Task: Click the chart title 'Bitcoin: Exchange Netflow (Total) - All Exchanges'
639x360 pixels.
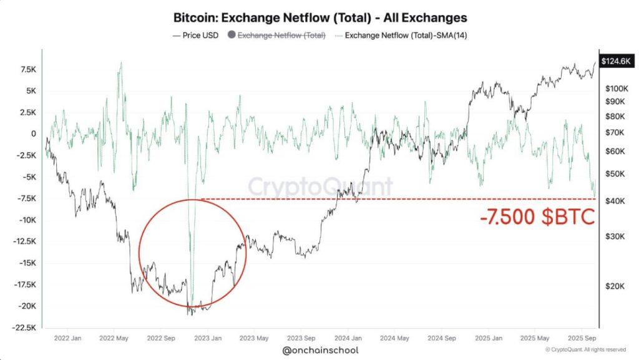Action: pyautogui.click(x=319, y=17)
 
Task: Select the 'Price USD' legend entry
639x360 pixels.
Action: pyautogui.click(x=195, y=36)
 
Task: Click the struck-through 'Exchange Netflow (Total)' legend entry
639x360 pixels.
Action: pyautogui.click(x=280, y=36)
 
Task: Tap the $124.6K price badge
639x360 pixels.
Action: pyautogui.click(x=614, y=61)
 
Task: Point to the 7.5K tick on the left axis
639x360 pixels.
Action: pyautogui.click(x=27, y=69)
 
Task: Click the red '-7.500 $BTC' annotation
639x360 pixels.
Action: pyautogui.click(x=537, y=217)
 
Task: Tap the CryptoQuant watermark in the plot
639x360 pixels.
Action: pyautogui.click(x=321, y=186)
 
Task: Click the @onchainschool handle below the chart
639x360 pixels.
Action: pyautogui.click(x=319, y=351)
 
